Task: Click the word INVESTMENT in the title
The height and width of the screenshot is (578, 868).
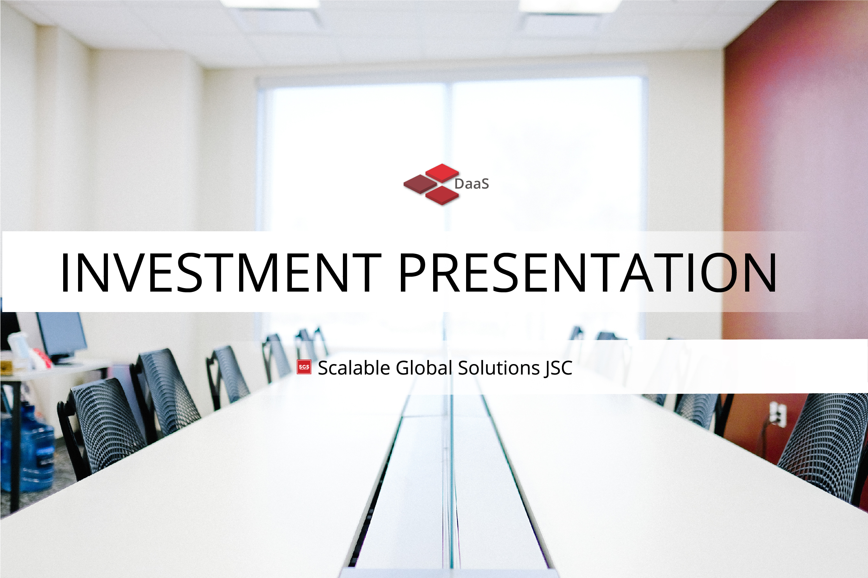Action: (221, 273)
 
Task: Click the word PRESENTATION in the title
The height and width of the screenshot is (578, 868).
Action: (588, 273)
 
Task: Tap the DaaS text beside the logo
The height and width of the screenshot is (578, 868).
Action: (472, 183)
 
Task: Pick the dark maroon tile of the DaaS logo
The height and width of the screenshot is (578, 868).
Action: (420, 183)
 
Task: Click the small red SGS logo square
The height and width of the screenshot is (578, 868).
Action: (304, 367)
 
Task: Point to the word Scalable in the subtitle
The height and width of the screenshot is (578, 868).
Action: (354, 368)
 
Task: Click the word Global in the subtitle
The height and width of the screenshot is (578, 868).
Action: (424, 368)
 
